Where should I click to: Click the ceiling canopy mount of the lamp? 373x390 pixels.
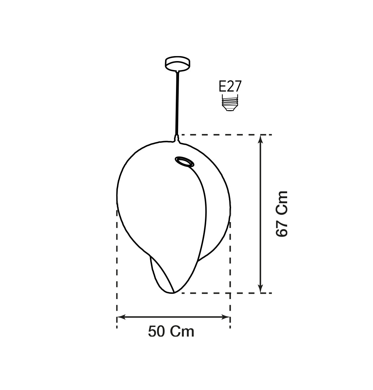tap(178, 64)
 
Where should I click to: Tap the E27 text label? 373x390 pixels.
tap(230, 87)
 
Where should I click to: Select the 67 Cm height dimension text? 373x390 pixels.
tap(282, 214)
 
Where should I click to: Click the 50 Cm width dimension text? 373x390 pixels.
tap(171, 332)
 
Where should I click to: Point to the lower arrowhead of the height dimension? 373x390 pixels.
tap(260, 289)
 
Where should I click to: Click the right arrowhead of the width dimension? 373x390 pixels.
tap(226, 317)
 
